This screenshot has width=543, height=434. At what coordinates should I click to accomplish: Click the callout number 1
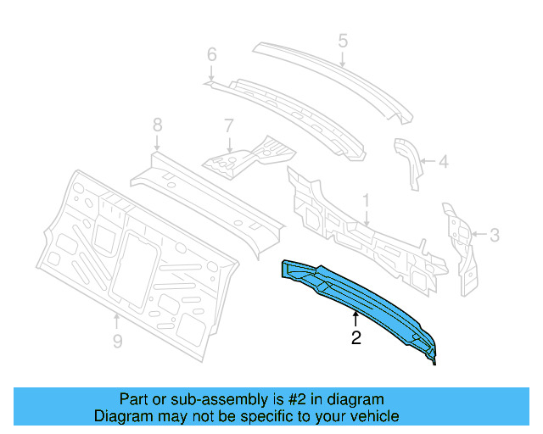366,201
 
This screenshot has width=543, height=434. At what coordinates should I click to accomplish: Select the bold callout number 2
356,339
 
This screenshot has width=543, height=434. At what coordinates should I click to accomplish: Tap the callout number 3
495,235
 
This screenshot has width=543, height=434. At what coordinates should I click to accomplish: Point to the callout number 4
444,159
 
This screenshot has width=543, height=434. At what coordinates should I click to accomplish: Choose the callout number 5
343,40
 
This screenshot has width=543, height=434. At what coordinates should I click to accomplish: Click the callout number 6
212,56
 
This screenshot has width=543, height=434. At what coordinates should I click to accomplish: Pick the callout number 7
228,125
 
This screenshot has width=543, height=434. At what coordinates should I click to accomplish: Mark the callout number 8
157,125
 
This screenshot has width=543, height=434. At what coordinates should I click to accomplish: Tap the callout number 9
117,341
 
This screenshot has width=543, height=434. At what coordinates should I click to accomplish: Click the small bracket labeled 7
250,154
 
